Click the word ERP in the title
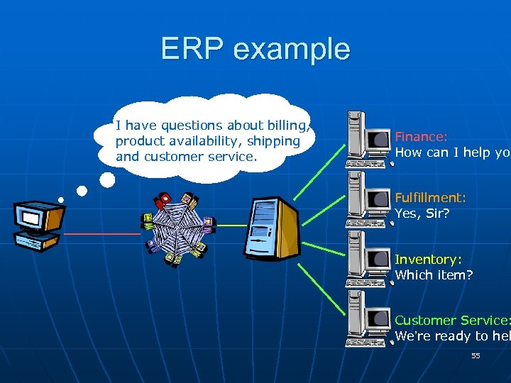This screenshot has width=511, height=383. (192, 49)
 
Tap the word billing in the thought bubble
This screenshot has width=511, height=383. (287, 126)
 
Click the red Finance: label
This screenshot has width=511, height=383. (421, 137)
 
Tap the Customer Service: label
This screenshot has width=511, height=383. (452, 321)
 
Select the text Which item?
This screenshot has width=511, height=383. (433, 274)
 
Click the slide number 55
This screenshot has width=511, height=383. (476, 355)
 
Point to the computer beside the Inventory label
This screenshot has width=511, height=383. (366, 259)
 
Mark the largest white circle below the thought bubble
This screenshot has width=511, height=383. (106, 180)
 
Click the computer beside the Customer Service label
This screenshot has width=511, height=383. (366, 318)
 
